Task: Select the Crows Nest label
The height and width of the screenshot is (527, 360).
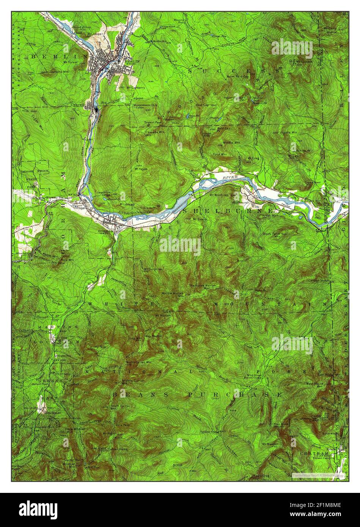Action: (312, 182)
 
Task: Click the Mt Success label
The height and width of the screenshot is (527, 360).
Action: (302, 61)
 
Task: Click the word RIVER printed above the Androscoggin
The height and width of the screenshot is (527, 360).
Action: (230, 177)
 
